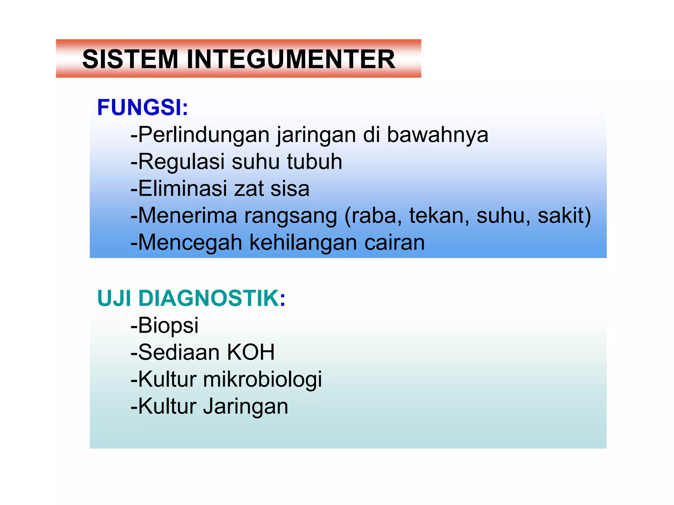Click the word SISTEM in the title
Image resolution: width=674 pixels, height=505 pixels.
(x=130, y=59)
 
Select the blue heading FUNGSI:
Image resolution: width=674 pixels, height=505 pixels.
(x=143, y=108)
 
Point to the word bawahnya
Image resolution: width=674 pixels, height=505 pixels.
(x=437, y=135)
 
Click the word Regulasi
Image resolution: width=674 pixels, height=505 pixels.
(x=181, y=162)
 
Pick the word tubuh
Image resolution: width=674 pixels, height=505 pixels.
(x=314, y=162)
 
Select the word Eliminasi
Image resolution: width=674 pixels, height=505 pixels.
(x=182, y=189)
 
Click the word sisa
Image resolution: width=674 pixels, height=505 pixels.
(x=290, y=189)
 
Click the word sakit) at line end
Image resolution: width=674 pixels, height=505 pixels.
(x=564, y=216)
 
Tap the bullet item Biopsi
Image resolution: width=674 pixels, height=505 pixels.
(x=168, y=325)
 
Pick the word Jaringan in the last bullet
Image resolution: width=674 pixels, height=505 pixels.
(x=246, y=406)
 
